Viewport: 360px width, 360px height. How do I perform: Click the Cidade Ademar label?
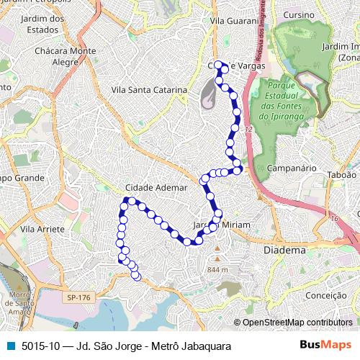click(x=156, y=187)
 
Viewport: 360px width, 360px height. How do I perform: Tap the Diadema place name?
click(x=284, y=250)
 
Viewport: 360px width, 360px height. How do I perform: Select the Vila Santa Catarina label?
click(x=150, y=90)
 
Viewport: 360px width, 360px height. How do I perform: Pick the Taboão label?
click(x=342, y=174)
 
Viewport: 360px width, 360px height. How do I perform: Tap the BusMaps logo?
click(x=330, y=345)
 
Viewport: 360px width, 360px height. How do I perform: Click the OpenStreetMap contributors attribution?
click(x=297, y=322)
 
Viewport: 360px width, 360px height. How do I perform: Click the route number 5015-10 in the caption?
click(x=42, y=346)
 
